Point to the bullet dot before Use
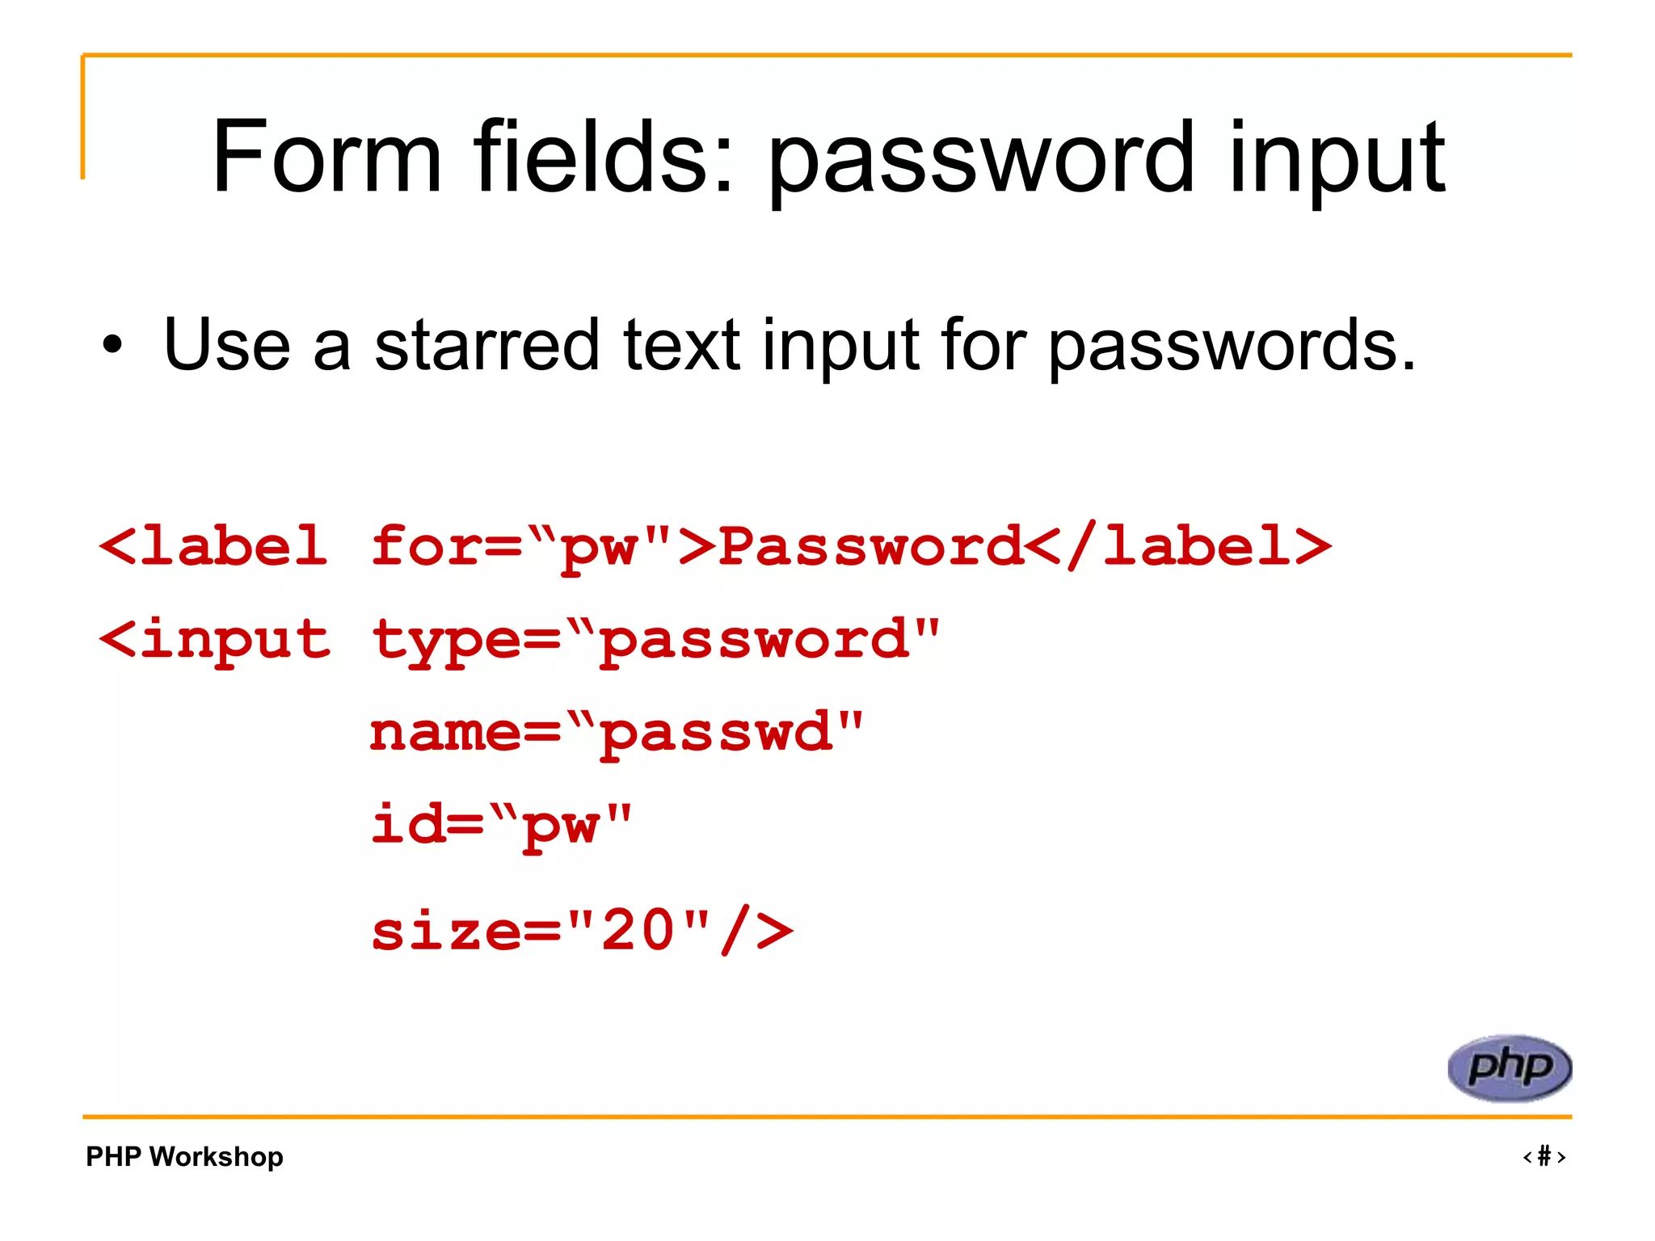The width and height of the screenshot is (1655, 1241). point(113,346)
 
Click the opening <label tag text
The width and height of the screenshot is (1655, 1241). point(213,545)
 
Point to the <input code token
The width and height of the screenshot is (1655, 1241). point(215,640)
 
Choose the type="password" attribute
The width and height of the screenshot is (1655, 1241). point(655,640)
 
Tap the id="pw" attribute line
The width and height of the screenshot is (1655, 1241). point(501,825)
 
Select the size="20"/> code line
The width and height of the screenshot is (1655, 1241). point(582,930)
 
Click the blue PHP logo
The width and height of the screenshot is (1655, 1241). point(1510,1068)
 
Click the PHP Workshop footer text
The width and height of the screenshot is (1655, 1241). point(184,1157)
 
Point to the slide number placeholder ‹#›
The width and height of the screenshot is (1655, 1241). point(1544,1157)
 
